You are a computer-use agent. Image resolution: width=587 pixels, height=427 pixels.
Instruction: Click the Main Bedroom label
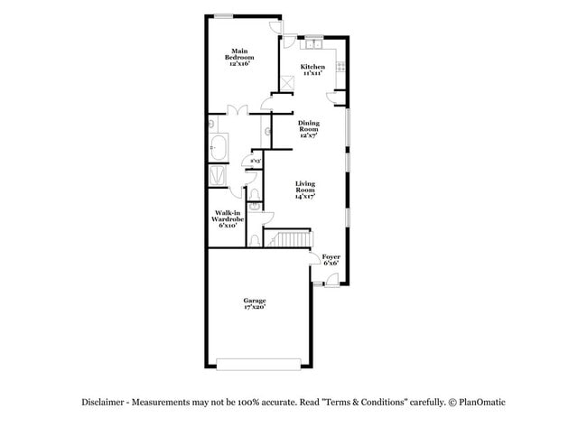coord(239,57)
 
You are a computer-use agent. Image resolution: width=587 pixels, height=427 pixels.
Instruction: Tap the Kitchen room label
coord(312,70)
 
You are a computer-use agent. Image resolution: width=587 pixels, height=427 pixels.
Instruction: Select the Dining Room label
coord(309,129)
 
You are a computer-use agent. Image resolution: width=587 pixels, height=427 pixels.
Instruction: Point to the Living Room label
coord(306,190)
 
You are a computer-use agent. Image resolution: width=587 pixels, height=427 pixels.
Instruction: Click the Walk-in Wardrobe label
coord(227,218)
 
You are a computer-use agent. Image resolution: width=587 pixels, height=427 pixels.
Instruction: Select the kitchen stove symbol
coord(341,65)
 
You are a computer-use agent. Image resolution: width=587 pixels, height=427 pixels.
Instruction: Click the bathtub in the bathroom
coord(219,147)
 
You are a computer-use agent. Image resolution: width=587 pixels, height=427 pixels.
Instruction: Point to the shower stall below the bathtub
coord(219,174)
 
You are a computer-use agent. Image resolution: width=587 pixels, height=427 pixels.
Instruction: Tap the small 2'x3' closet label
coord(256,162)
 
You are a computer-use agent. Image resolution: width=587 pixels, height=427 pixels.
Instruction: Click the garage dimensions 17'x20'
coord(254,308)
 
